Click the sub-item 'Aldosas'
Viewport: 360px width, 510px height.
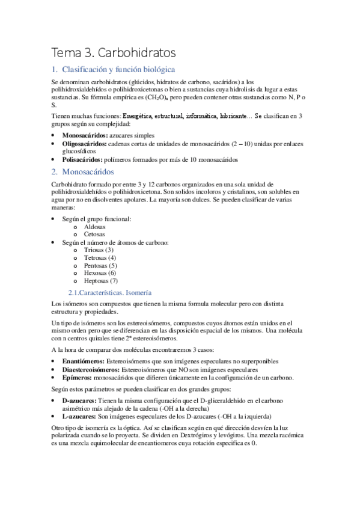pos(94,227)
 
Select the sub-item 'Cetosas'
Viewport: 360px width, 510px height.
pos(94,235)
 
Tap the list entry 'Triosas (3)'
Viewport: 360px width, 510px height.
pos(99,250)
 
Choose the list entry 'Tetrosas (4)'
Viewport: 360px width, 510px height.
pos(100,257)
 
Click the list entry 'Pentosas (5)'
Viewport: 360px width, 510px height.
pos(100,265)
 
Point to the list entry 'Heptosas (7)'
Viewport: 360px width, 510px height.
pos(101,280)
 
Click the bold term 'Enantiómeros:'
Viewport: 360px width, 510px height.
pos(83,361)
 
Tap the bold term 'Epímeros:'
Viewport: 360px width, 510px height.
pos(76,377)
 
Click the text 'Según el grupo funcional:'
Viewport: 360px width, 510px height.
pos(97,219)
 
